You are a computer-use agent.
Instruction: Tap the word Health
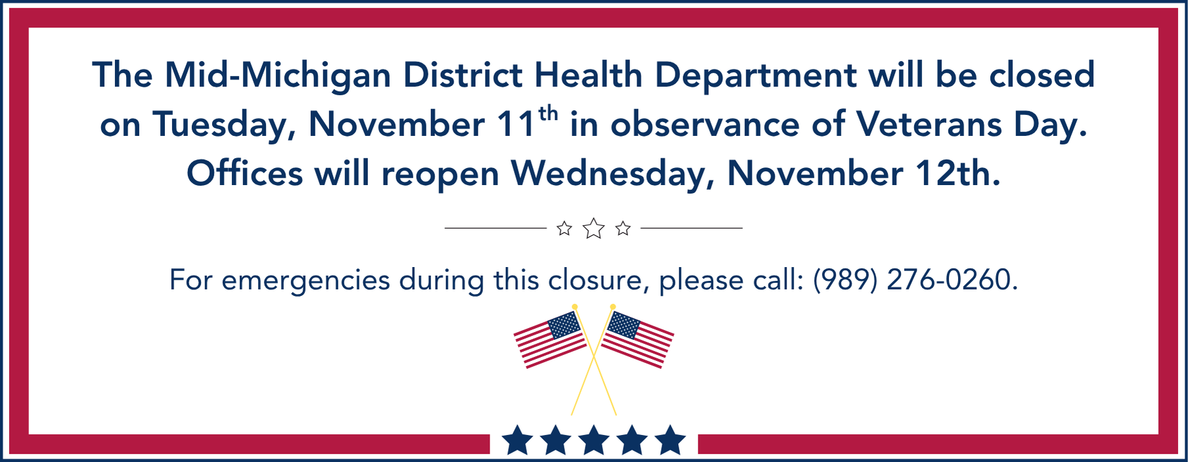(588, 74)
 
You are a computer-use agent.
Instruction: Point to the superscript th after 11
(548, 114)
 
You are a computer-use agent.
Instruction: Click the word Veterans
(929, 124)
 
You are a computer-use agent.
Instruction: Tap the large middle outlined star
(593, 228)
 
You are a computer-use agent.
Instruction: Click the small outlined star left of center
(564, 228)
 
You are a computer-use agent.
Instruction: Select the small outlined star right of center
(623, 228)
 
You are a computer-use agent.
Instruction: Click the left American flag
(550, 339)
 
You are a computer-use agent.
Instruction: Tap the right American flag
(637, 339)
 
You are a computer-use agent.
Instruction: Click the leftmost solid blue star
(517, 440)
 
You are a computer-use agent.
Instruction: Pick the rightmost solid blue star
(670, 440)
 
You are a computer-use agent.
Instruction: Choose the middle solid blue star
(594, 440)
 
